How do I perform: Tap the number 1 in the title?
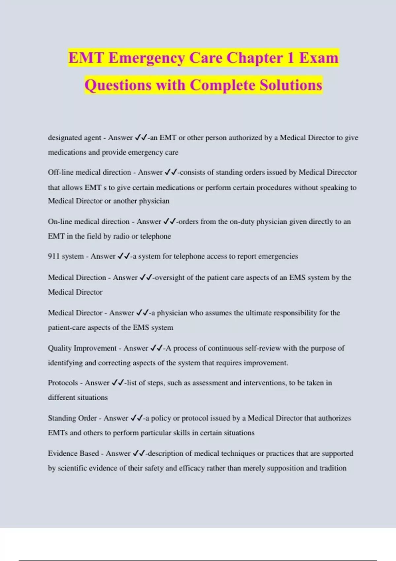click(290, 58)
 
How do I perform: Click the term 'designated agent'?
click(74, 138)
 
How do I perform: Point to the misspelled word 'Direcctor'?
click(342, 172)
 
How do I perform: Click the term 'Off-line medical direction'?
click(89, 172)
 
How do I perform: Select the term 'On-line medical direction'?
click(88, 221)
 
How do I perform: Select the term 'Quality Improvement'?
click(82, 348)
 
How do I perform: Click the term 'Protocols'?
click(63, 383)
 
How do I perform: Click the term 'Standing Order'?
click(72, 418)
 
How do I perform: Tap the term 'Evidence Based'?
click(73, 453)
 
